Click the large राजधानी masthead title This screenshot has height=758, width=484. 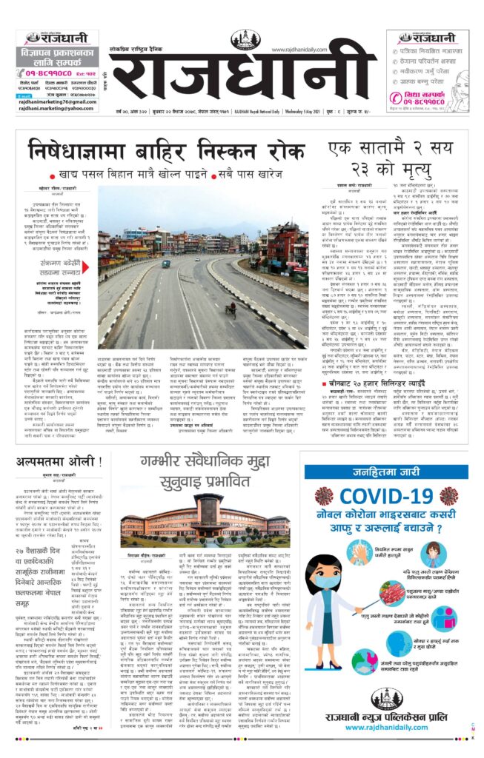242,76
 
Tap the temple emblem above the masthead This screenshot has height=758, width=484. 244,40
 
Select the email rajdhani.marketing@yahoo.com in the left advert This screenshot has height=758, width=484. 53,107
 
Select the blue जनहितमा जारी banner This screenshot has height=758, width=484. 385,472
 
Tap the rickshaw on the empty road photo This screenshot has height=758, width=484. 231,308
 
